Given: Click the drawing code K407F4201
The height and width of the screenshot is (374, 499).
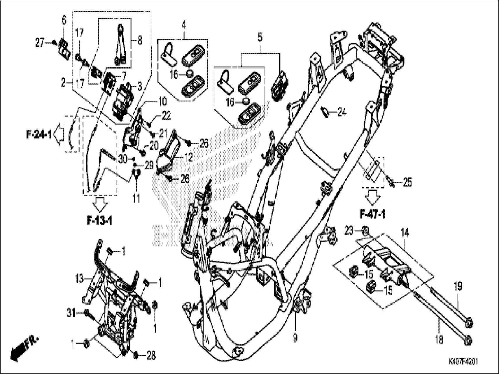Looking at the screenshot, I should click(463, 362).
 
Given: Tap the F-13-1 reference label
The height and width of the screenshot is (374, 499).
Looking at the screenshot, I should click(99, 221).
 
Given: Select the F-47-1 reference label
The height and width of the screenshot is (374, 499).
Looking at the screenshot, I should click(372, 215).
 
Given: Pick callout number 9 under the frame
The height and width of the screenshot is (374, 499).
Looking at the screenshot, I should click(295, 338).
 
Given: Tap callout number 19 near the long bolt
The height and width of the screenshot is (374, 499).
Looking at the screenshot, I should click(458, 287).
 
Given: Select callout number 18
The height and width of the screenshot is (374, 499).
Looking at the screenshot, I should click(439, 339).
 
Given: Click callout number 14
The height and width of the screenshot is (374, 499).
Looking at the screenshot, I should click(405, 233).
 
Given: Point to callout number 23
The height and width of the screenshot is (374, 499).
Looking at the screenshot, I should click(349, 231).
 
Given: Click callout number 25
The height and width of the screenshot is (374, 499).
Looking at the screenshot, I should click(407, 183).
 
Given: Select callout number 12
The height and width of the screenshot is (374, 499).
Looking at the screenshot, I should click(188, 158).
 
